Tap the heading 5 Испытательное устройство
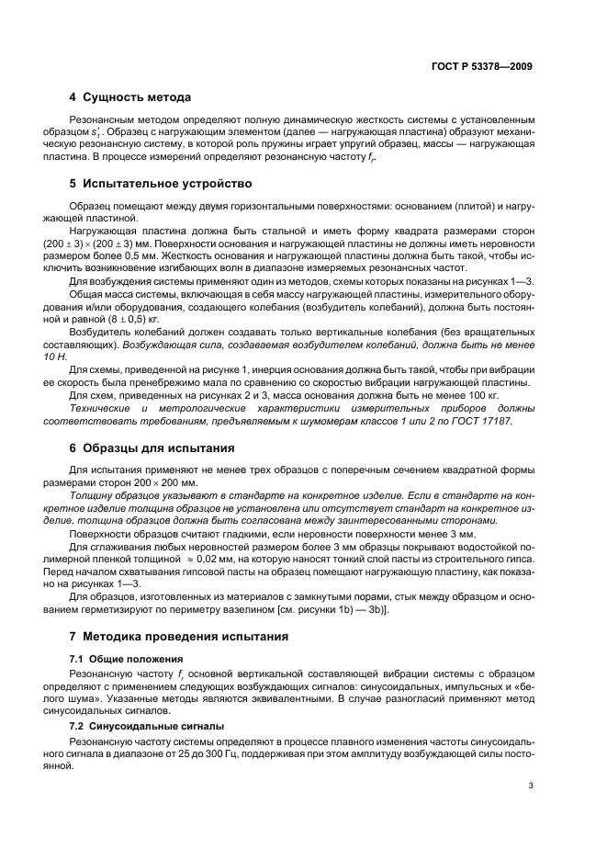coord(160,183)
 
